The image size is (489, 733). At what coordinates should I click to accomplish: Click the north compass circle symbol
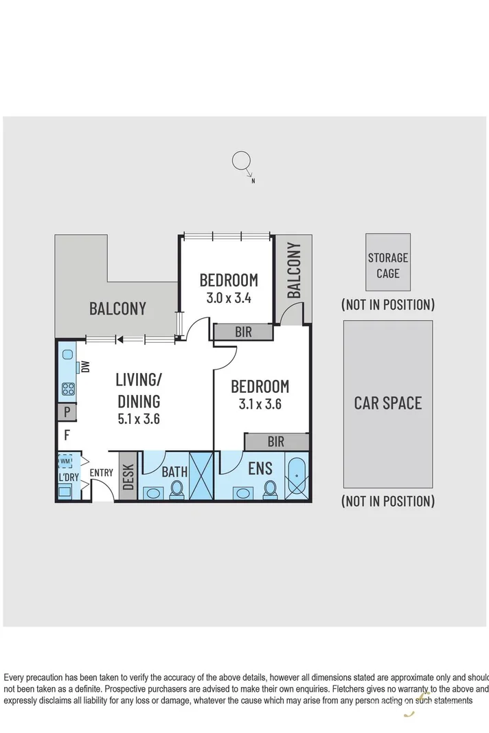[241, 162]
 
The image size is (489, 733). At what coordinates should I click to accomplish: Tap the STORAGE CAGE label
[388, 265]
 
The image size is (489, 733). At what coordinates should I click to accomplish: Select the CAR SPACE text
[388, 403]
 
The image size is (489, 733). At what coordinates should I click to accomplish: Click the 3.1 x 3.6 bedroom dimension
[260, 404]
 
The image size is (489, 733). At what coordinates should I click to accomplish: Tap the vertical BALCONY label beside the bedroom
[294, 270]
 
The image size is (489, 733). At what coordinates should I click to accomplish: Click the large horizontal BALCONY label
[117, 308]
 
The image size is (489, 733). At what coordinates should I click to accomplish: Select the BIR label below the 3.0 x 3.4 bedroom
[243, 332]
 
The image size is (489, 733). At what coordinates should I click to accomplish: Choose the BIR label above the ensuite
[275, 442]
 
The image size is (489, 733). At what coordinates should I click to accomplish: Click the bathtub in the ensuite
[296, 476]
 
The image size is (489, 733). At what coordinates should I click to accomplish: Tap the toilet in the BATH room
[177, 488]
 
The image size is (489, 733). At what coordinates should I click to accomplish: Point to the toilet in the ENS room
[270, 488]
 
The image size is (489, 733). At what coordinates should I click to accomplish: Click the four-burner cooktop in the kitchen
[68, 390]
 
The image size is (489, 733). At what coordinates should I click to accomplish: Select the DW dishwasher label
[85, 366]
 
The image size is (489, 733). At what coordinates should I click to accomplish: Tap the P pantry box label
[67, 413]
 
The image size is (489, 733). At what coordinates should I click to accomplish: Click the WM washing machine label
[65, 460]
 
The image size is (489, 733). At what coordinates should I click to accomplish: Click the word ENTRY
[102, 473]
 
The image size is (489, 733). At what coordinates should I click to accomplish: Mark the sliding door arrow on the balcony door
[120, 339]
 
